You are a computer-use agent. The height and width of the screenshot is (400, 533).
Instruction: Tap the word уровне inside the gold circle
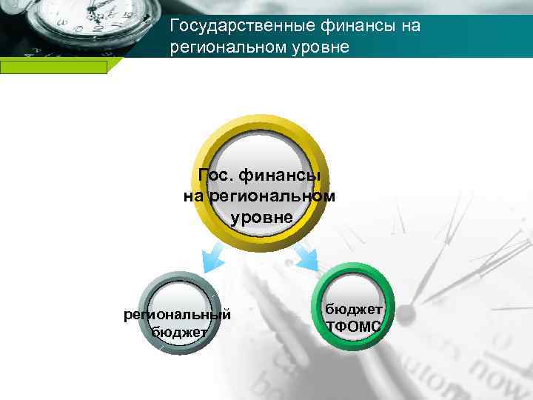coord(261,217)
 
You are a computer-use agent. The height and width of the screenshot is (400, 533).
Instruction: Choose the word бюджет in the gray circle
coord(178,332)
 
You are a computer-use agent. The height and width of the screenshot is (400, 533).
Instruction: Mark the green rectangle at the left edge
coord(53,67)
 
